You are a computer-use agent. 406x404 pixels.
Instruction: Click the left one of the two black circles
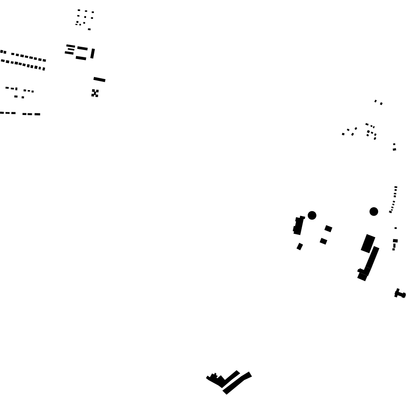click(312, 215)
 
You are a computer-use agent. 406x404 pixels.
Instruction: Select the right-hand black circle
click(374, 212)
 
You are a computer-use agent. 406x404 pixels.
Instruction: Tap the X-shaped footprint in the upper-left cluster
click(95, 93)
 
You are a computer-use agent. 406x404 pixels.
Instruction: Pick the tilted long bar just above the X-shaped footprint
click(100, 79)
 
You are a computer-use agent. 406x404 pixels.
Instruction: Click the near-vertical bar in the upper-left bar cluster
click(93, 53)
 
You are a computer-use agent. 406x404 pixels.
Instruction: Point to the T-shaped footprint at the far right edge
click(399, 294)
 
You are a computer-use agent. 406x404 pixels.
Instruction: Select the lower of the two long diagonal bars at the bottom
click(237, 383)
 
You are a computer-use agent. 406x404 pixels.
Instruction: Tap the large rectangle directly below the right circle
click(368, 243)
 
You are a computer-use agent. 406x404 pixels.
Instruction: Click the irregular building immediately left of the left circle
click(299, 225)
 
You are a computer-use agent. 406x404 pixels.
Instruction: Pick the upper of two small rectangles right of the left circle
click(328, 228)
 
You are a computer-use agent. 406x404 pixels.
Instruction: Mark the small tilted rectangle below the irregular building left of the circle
click(299, 247)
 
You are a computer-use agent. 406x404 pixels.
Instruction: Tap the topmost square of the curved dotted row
click(396, 188)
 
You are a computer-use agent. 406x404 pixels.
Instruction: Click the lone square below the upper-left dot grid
click(89, 29)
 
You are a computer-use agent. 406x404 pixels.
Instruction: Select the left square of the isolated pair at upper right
click(375, 101)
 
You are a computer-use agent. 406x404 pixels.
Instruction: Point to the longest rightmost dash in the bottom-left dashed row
click(37, 114)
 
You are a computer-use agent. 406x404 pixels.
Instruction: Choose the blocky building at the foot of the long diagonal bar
click(363, 275)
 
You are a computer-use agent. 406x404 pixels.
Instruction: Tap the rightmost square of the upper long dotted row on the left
click(44, 60)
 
